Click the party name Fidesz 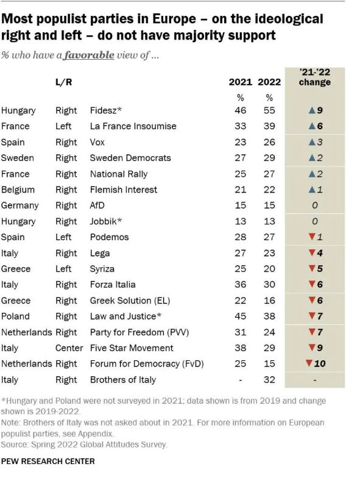tap(106, 110)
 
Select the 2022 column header tap(269, 82)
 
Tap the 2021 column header tap(240, 82)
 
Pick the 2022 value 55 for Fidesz tap(269, 110)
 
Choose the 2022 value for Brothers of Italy tap(269, 380)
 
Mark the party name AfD tap(99, 205)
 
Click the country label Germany tap(20, 205)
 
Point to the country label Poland tap(16, 316)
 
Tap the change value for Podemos tap(314, 237)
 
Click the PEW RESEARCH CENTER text tap(48, 462)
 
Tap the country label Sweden tap(18, 158)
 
